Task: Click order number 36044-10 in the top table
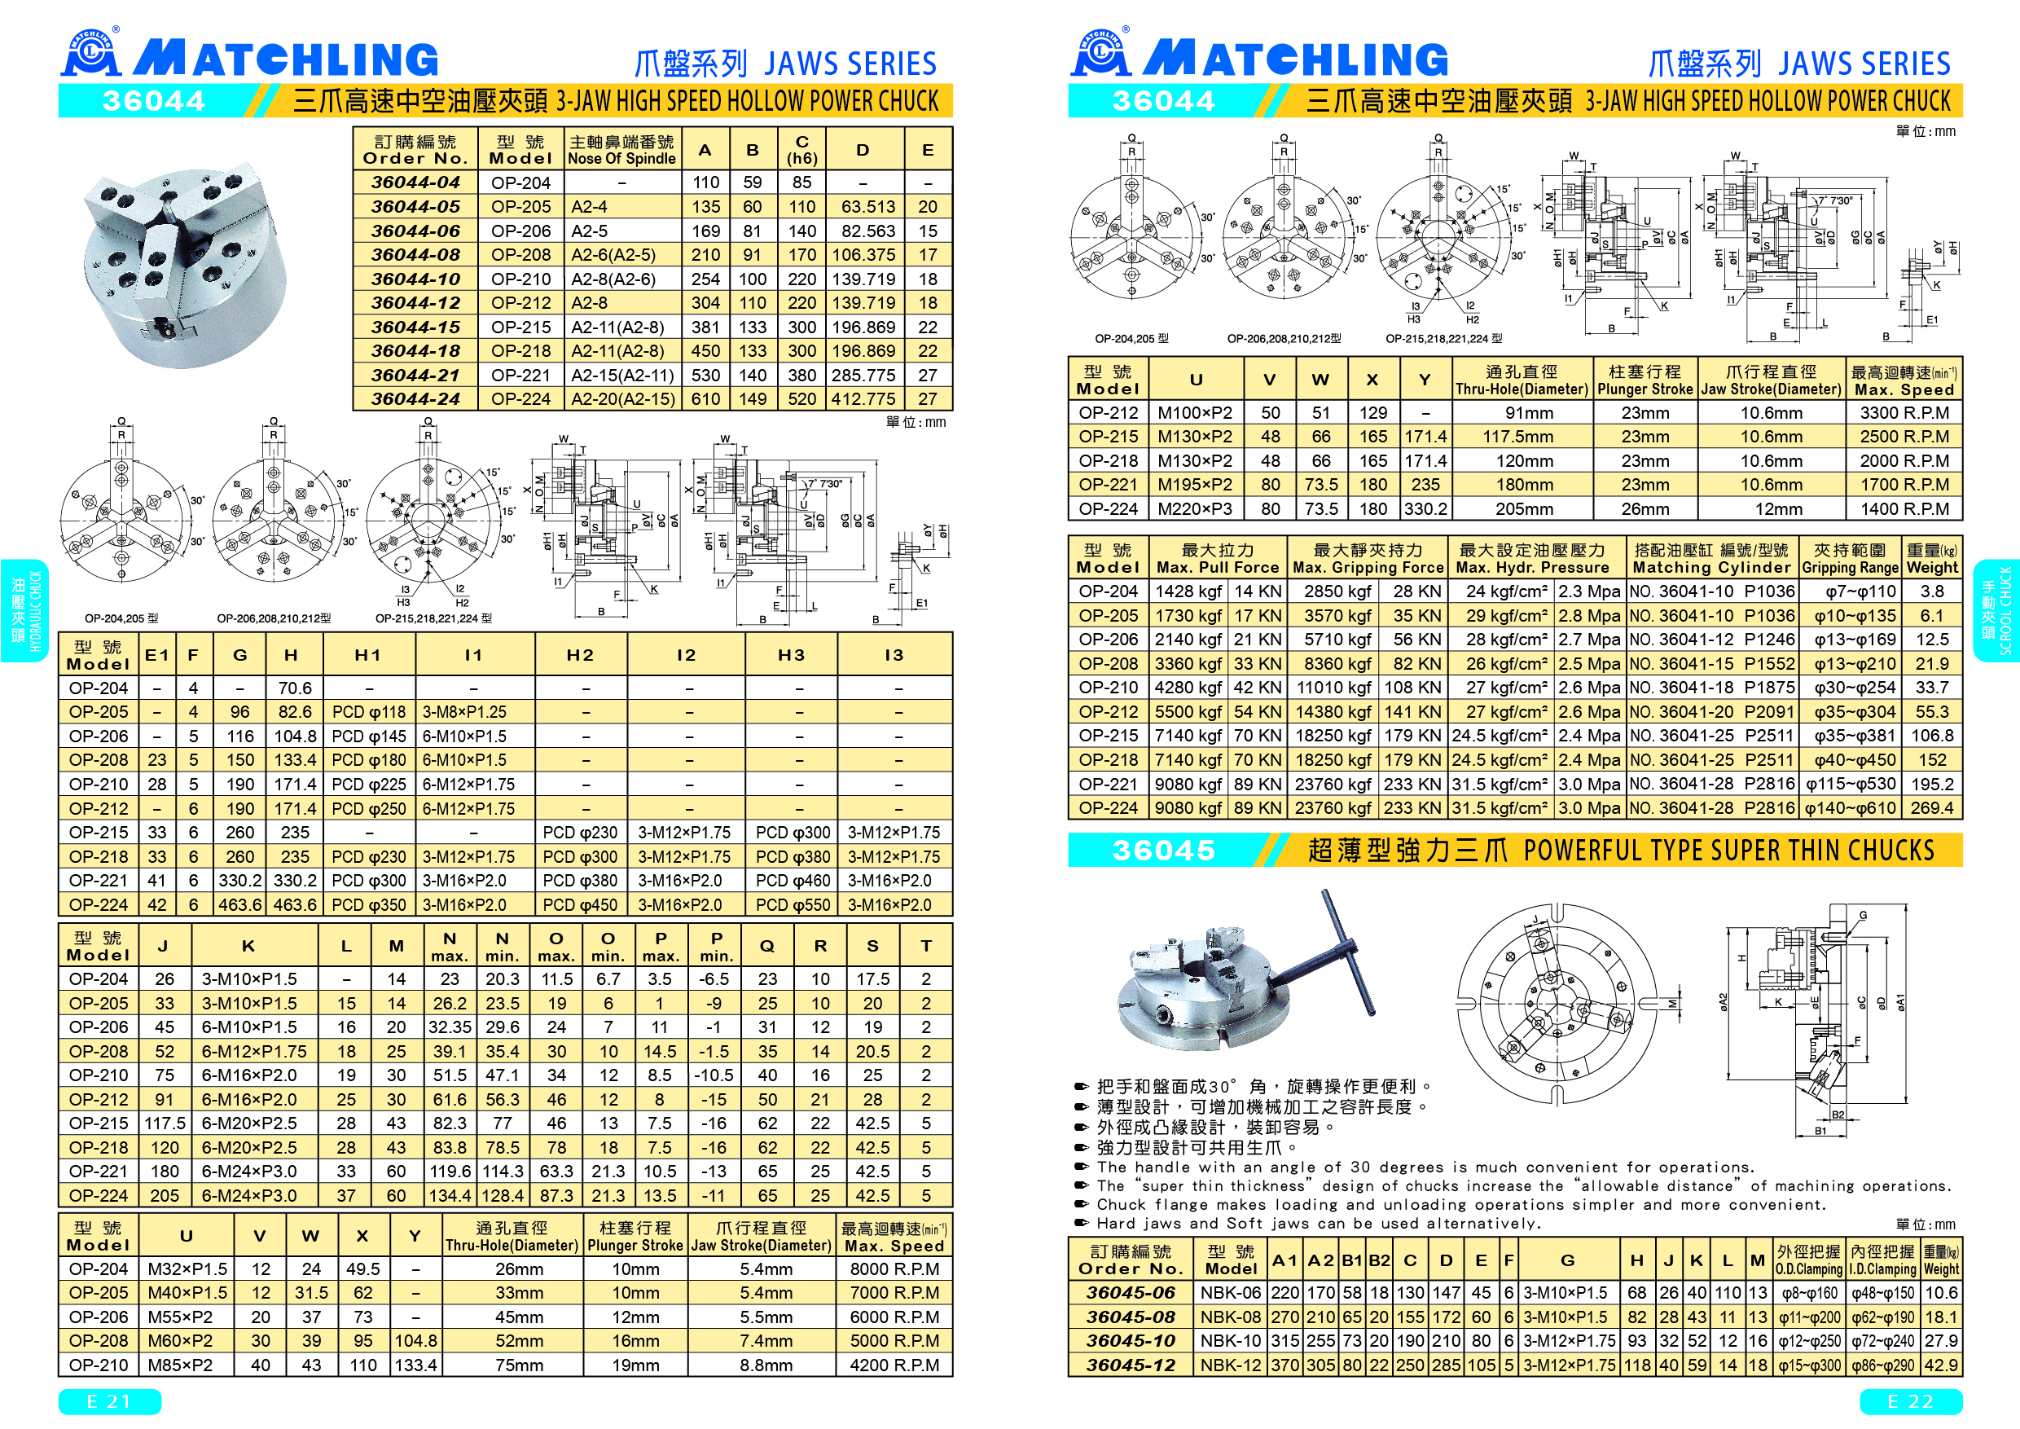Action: (x=415, y=279)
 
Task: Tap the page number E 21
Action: (x=109, y=1402)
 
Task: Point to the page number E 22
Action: (x=1910, y=1402)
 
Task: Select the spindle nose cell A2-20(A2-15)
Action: (x=623, y=398)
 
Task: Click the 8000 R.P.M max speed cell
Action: (x=894, y=1269)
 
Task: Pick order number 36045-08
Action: (x=1131, y=1317)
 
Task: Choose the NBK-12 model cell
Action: (x=1230, y=1365)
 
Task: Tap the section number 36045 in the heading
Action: (x=1163, y=850)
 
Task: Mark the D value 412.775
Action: (x=863, y=398)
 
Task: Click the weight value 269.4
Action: (x=1932, y=807)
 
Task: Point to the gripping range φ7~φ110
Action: (x=1848, y=591)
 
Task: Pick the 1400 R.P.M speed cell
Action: (x=1904, y=508)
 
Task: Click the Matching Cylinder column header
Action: (x=1711, y=559)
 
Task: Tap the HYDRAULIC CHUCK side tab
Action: (x=24, y=611)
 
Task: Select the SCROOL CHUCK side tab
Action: (x=1996, y=611)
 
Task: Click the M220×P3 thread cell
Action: (x=1195, y=508)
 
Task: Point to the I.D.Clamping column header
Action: (x=1882, y=1260)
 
